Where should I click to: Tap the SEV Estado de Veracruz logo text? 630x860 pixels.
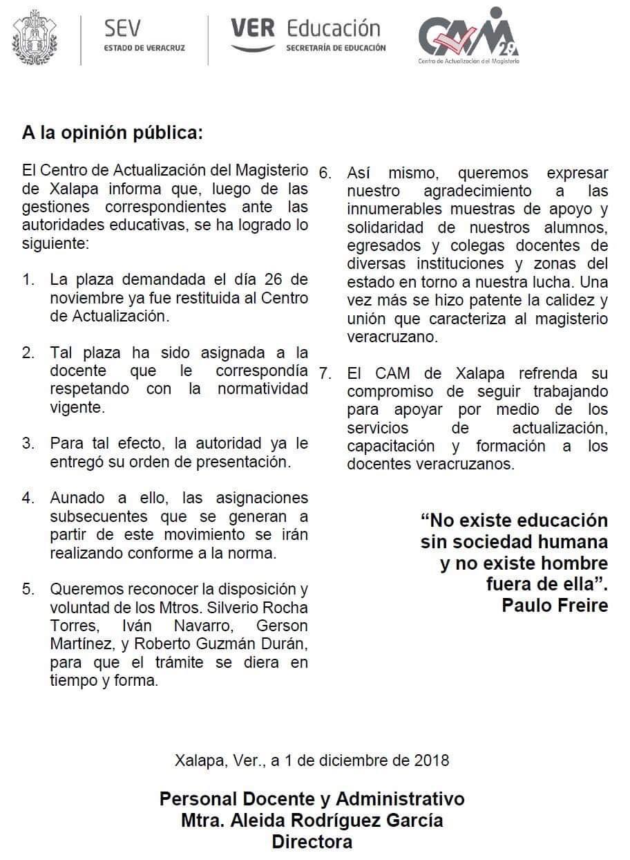144,36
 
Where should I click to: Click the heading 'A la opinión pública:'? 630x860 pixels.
113,133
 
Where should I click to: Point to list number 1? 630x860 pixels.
28,281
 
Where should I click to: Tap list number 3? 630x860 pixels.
28,444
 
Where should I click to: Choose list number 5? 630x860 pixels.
28,590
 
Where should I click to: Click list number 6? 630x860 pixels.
326,173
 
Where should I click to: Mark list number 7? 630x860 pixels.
326,374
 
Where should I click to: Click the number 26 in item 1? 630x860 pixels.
267,281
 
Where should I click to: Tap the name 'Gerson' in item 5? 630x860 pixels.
282,626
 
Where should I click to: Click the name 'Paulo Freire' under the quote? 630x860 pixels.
555,606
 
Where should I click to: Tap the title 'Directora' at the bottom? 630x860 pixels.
312,842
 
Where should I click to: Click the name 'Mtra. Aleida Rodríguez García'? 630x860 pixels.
312,821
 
